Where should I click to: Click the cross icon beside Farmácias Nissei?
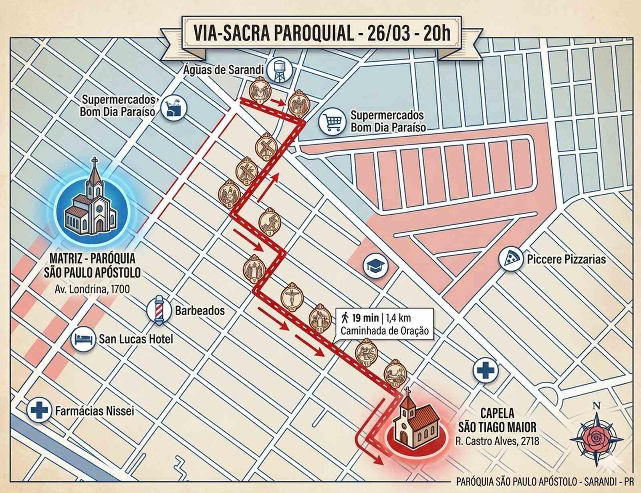[x=39, y=410]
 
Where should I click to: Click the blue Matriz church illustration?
[x=92, y=202]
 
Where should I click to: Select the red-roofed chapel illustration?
[x=415, y=425]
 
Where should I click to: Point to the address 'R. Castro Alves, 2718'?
[x=497, y=441]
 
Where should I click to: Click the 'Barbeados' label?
[x=194, y=310]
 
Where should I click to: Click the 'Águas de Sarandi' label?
[x=229, y=70]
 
